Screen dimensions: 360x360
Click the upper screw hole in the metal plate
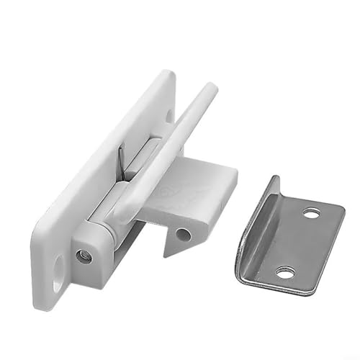click(311, 213)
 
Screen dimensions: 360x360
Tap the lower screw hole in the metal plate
click(285, 272)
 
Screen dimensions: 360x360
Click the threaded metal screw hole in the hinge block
click(84, 255)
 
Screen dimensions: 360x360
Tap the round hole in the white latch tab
click(184, 234)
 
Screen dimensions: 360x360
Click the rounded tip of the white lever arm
click(209, 90)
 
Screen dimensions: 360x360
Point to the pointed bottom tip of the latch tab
click(168, 253)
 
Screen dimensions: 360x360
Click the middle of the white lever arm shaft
click(166, 151)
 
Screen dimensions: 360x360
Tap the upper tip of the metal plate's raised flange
click(274, 180)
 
